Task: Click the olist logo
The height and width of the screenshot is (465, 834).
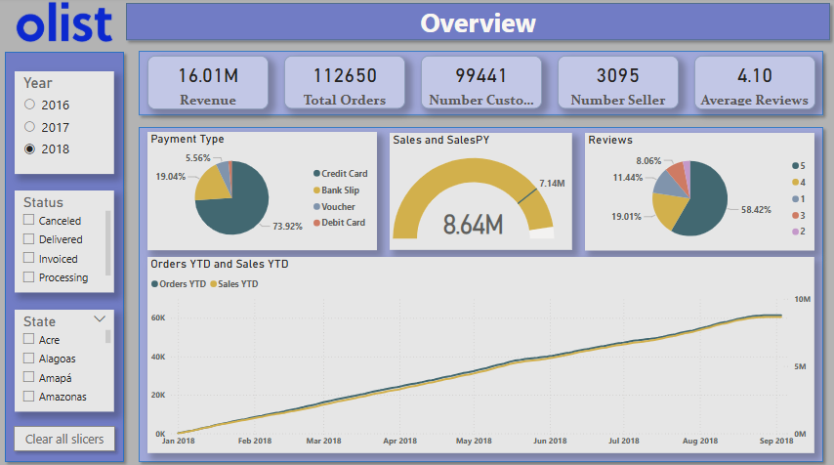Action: pyautogui.click(x=64, y=23)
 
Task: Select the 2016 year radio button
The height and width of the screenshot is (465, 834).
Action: pyautogui.click(x=30, y=105)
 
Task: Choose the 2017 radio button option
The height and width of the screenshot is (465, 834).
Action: pyautogui.click(x=30, y=127)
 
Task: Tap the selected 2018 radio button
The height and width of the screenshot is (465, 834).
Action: pyautogui.click(x=30, y=149)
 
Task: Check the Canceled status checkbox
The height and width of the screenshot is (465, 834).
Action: pyautogui.click(x=29, y=221)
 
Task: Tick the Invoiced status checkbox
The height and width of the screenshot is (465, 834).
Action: pyautogui.click(x=29, y=259)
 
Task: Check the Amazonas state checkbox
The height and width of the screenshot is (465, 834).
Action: pyautogui.click(x=29, y=397)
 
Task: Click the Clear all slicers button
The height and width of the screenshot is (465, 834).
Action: pyautogui.click(x=64, y=439)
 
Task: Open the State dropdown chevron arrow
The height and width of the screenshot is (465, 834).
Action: pyautogui.click(x=100, y=319)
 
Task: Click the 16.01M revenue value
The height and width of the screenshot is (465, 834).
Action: pyautogui.click(x=208, y=75)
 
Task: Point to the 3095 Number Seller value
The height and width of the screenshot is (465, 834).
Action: pyautogui.click(x=617, y=75)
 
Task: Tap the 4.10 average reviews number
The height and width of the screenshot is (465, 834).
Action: pyautogui.click(x=755, y=75)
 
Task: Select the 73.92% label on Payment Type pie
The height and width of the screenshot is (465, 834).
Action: pyautogui.click(x=287, y=226)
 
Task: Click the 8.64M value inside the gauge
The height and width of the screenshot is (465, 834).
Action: pyautogui.click(x=473, y=224)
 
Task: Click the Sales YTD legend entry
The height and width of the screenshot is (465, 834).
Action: pyautogui.click(x=237, y=283)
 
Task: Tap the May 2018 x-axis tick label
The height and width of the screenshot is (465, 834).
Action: pyautogui.click(x=473, y=442)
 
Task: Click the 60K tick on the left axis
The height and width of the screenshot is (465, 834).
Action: pyautogui.click(x=158, y=317)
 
